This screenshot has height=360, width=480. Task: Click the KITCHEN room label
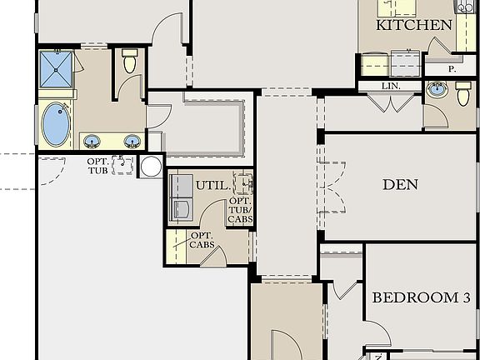pyautogui.click(x=414, y=25)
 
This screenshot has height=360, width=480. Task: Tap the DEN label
pyautogui.click(x=400, y=184)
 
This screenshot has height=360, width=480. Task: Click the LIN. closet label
pyautogui.click(x=390, y=86)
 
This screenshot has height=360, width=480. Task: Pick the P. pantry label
pyautogui.click(x=452, y=69)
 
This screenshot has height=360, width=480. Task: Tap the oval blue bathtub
pyautogui.click(x=57, y=124)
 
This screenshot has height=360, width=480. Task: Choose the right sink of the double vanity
pyautogui.click(x=131, y=140)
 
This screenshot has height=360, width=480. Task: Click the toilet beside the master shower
pyautogui.click(x=129, y=61)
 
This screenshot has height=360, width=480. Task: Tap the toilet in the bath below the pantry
pyautogui.click(x=463, y=94)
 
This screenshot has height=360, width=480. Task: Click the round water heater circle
pyautogui.click(x=151, y=166)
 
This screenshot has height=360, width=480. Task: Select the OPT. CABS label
pyautogui.click(x=201, y=240)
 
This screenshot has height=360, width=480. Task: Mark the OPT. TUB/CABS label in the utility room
pyautogui.click(x=240, y=208)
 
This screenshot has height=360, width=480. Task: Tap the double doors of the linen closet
pyautogui.click(x=390, y=103)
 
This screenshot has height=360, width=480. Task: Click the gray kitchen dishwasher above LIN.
pyautogui.click(x=406, y=62)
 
